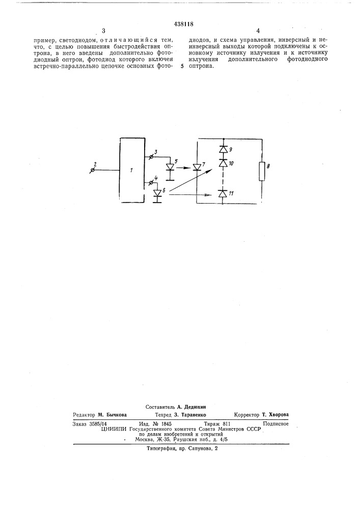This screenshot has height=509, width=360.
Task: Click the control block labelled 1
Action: [132, 171]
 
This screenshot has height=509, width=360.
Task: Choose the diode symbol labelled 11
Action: [223, 193]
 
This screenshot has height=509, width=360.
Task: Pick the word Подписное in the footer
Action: [275, 423]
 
